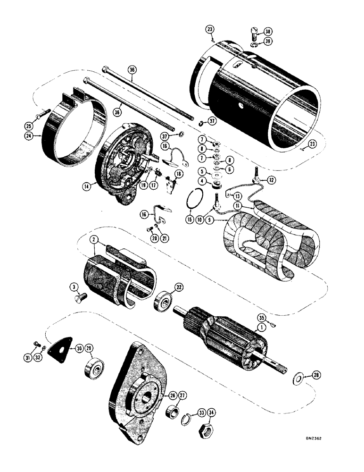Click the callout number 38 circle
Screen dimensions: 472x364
click(x=268, y=32)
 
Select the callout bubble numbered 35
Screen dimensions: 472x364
click(x=262, y=317)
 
